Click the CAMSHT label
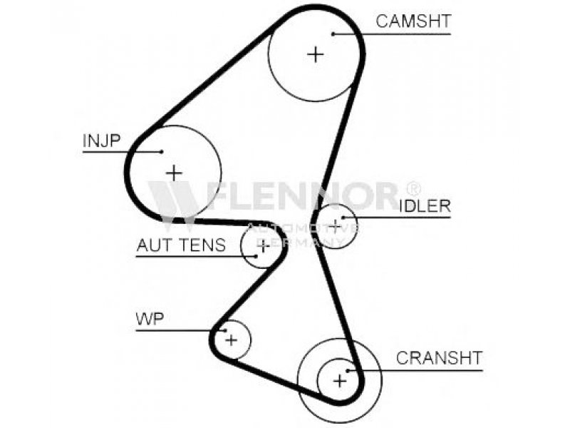point(413,21)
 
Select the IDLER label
point(425,206)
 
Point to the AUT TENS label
point(181,245)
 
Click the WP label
point(150,319)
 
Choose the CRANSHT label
point(439,357)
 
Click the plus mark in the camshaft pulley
point(316,53)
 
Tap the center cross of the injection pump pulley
point(173,172)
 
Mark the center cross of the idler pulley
point(335,226)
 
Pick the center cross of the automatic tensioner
point(263,247)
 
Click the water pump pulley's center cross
point(231,340)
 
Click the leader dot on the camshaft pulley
point(333,33)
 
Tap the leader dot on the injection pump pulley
point(162,151)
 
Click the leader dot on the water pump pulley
point(224,330)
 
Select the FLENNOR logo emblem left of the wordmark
point(173,199)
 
